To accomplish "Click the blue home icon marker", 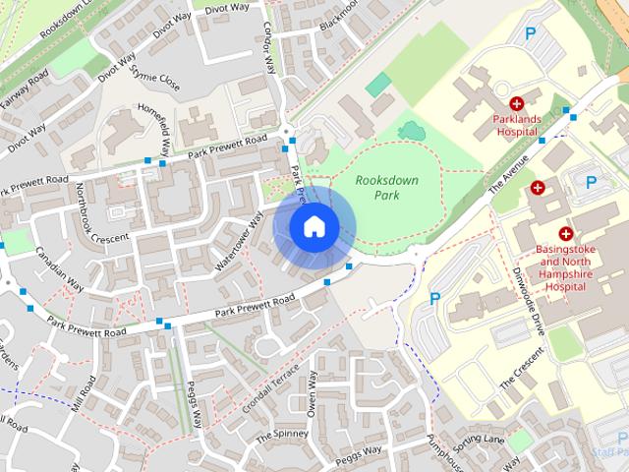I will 313,227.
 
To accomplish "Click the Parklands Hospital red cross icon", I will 516,103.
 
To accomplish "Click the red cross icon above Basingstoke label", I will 565,234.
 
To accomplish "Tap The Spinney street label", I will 280,433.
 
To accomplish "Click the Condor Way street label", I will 270,45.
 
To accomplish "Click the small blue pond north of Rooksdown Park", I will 411,129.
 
